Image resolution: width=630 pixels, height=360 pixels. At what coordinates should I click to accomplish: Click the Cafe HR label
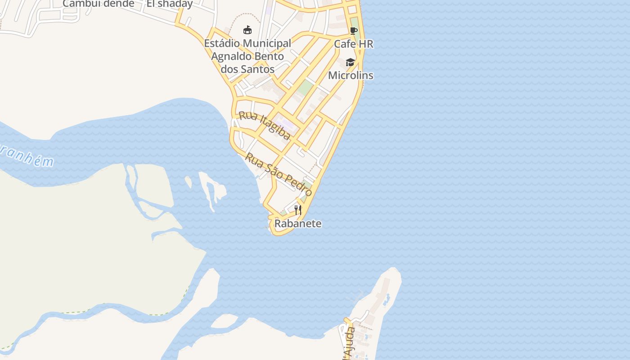[353, 44]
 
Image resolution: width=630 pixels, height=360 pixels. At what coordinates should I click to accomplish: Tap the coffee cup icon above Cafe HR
[354, 31]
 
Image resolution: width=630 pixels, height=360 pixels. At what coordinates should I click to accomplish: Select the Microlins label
[351, 75]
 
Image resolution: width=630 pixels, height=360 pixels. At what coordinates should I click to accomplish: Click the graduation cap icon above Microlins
[351, 62]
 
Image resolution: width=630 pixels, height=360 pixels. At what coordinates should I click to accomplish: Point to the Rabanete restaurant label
[298, 224]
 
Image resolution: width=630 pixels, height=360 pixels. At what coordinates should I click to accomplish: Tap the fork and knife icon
[297, 210]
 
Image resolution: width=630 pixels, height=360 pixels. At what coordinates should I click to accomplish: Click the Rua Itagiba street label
[265, 126]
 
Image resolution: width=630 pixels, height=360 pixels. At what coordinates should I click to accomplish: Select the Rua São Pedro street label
[279, 174]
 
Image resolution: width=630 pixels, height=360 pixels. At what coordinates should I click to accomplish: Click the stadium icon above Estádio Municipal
[247, 30]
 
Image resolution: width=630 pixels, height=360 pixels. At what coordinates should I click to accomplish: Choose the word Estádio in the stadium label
[222, 44]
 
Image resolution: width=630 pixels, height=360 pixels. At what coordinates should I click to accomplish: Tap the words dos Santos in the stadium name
[247, 69]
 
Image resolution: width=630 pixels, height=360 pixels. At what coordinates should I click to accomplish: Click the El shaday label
[170, 4]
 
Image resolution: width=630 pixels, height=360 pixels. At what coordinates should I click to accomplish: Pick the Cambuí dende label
[98, 4]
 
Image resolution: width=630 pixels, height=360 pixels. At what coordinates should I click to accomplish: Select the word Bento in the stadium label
[270, 57]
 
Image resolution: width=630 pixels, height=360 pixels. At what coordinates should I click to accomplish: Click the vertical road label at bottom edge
[349, 344]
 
